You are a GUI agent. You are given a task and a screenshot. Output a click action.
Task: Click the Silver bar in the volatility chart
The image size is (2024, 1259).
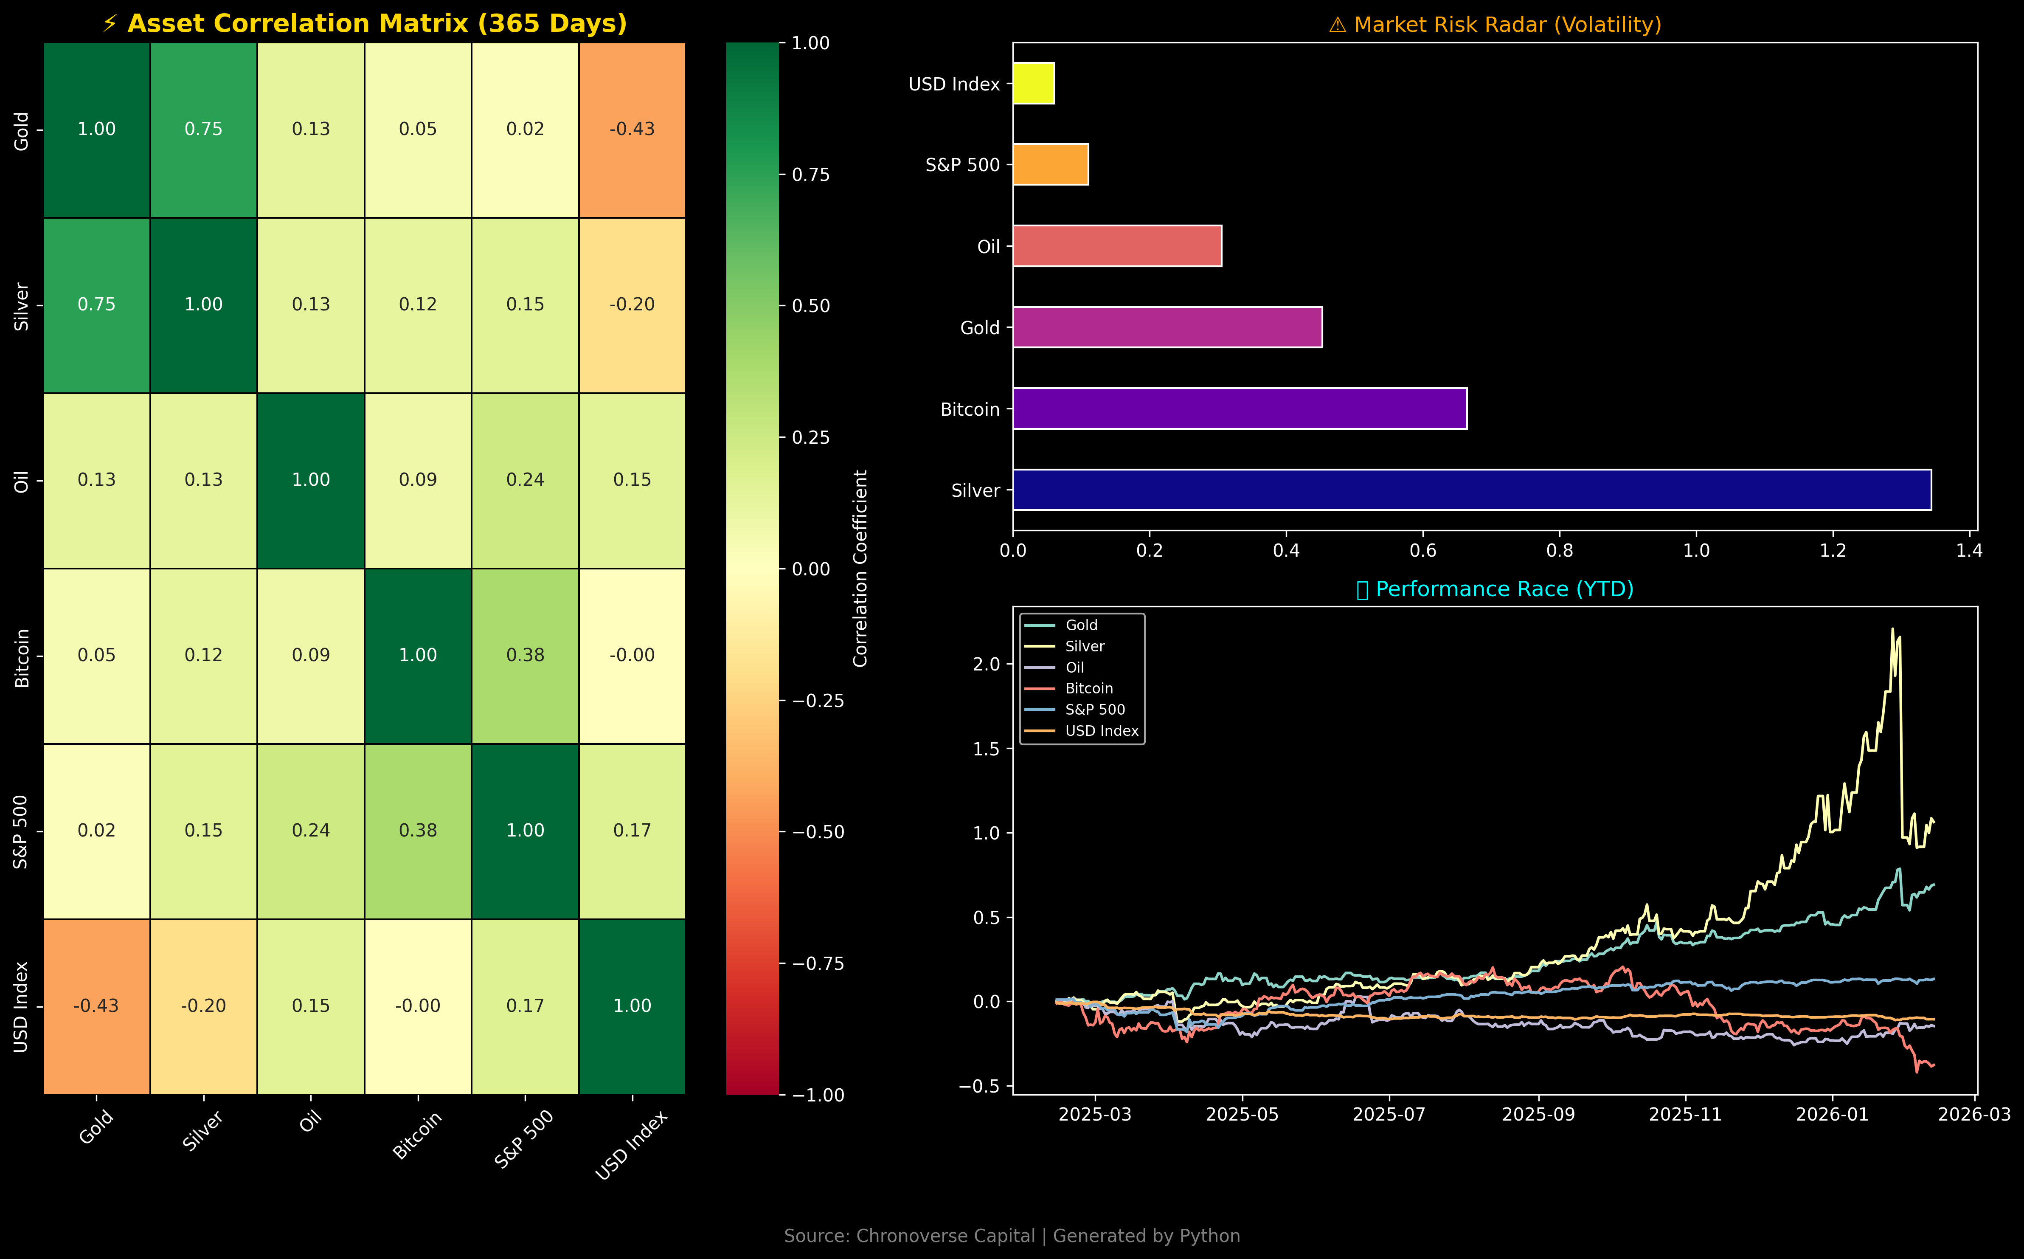(1471, 490)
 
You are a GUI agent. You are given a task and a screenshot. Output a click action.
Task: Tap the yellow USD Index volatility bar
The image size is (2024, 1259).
(1034, 83)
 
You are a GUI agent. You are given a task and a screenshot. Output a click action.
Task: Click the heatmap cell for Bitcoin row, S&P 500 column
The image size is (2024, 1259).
(525, 655)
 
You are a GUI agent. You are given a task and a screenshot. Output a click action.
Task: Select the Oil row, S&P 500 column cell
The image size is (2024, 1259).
(525, 480)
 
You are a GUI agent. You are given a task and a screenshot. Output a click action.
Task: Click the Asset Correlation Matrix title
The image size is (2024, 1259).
(365, 23)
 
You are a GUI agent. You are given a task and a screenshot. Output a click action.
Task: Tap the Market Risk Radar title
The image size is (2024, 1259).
(1495, 25)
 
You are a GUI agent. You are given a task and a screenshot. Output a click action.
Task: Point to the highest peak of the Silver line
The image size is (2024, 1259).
(1892, 629)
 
